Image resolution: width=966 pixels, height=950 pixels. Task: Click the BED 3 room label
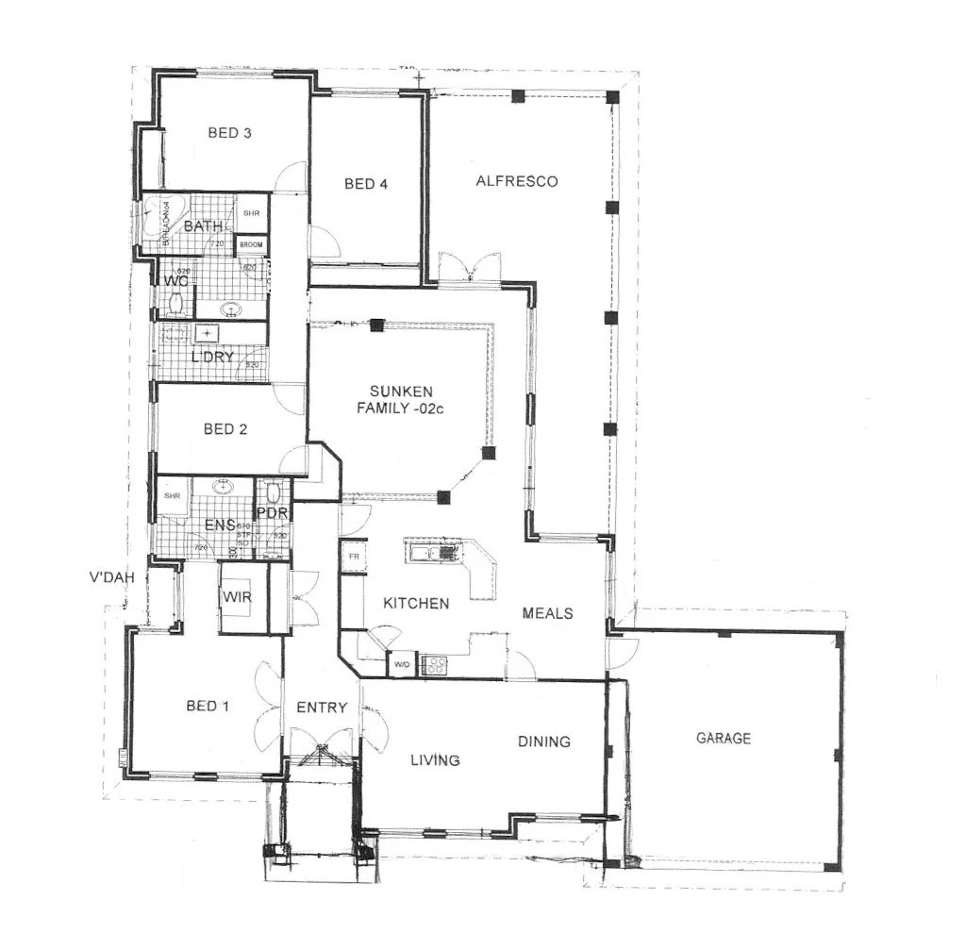click(229, 133)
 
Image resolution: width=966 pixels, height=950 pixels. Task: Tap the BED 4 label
click(365, 184)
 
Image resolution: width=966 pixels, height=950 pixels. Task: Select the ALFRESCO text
click(516, 181)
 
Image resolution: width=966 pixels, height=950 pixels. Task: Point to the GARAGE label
click(724, 738)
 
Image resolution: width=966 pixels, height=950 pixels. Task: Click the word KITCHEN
click(415, 603)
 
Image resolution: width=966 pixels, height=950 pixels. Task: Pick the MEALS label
click(547, 613)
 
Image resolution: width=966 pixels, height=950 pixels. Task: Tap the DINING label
click(544, 742)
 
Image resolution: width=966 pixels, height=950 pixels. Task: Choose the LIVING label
click(435, 759)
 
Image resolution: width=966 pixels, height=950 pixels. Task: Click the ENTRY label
click(322, 708)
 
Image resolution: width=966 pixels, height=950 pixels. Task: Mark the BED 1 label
click(208, 706)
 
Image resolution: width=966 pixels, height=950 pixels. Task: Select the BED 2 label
click(225, 429)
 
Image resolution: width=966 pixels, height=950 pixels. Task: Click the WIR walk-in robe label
click(236, 596)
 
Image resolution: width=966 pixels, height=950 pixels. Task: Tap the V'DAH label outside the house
click(109, 578)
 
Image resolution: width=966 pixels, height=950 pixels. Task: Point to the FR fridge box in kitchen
click(353, 557)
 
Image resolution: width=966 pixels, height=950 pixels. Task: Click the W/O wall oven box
click(402, 664)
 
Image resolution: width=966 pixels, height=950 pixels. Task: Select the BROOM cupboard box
click(251, 244)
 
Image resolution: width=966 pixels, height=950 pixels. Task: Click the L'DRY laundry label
click(212, 357)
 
